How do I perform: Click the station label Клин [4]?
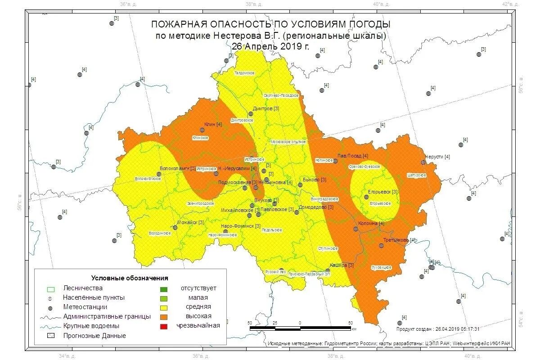[x=213, y=124]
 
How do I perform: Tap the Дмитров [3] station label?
[x=266, y=108]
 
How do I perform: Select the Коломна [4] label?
[x=371, y=223]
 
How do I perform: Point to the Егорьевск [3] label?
[x=383, y=192]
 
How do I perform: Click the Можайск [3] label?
[x=190, y=222]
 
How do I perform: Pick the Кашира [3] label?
[x=342, y=265]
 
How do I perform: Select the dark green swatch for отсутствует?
[x=164, y=288]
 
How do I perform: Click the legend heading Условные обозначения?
[x=130, y=278]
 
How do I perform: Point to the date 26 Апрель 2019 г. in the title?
[x=270, y=46]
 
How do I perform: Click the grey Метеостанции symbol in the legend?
[x=51, y=307]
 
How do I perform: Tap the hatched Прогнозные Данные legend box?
[x=51, y=336]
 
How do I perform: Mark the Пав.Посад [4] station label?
[x=353, y=156]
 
